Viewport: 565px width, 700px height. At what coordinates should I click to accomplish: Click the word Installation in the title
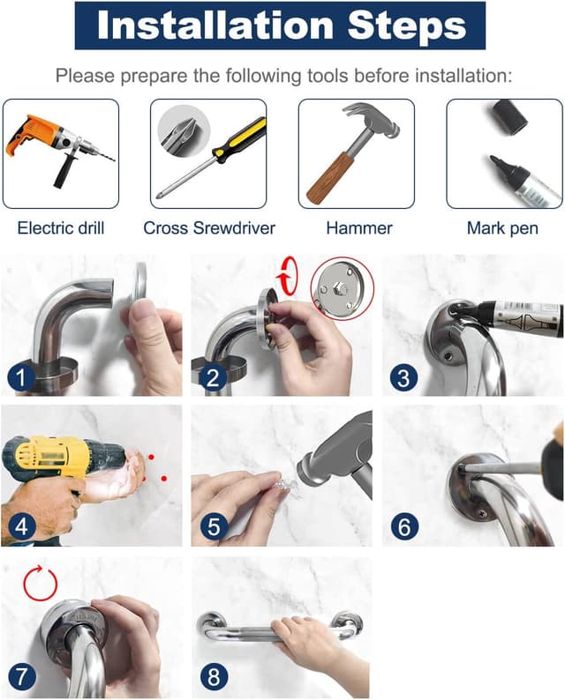215,25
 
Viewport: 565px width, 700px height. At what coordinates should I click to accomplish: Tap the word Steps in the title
407,26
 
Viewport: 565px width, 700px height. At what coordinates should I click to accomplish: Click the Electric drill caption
61,228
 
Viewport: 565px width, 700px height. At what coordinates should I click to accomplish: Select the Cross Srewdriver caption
209,228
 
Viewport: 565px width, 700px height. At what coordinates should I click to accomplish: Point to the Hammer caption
359,228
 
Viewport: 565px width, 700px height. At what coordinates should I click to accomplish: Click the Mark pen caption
502,228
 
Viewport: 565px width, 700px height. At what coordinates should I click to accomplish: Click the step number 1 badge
21,378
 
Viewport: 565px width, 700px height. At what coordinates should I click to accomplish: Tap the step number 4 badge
21,526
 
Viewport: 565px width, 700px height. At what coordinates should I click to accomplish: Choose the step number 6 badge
404,526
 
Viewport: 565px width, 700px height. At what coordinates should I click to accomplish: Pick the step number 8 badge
214,676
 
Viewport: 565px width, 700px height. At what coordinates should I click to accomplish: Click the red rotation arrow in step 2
288,276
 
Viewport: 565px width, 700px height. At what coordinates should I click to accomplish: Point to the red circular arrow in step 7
41,583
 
